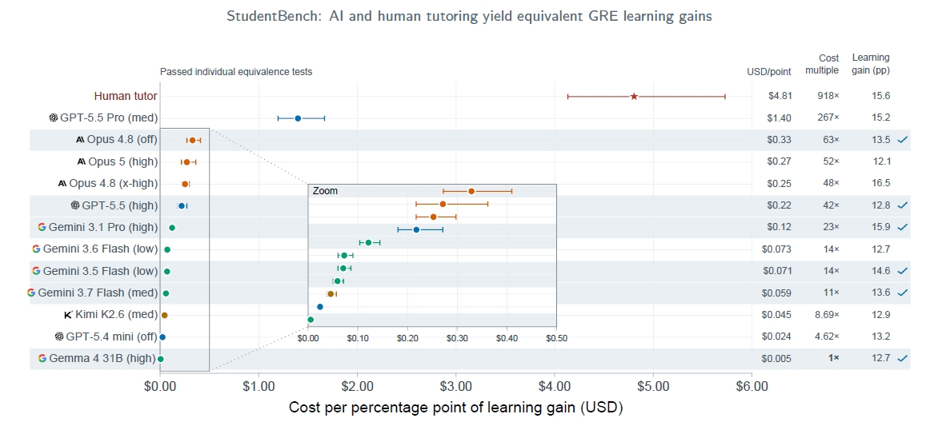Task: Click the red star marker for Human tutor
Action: point(634,96)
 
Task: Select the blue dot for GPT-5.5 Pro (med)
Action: point(298,118)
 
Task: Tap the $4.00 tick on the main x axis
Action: point(555,385)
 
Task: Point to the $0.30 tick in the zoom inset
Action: point(458,337)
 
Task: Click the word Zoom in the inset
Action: point(326,190)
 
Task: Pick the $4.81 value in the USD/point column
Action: point(776,96)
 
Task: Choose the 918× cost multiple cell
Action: point(828,96)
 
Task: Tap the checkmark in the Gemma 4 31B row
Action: point(903,358)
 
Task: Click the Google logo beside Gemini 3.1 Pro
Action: point(42,227)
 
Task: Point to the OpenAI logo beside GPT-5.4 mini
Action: point(59,336)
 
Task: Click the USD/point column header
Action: point(769,72)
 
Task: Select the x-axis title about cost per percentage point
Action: point(455,408)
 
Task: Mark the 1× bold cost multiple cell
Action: point(834,358)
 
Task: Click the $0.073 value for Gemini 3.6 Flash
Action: point(776,249)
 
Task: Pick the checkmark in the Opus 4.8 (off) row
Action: point(903,139)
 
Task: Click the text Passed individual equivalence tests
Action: point(236,72)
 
